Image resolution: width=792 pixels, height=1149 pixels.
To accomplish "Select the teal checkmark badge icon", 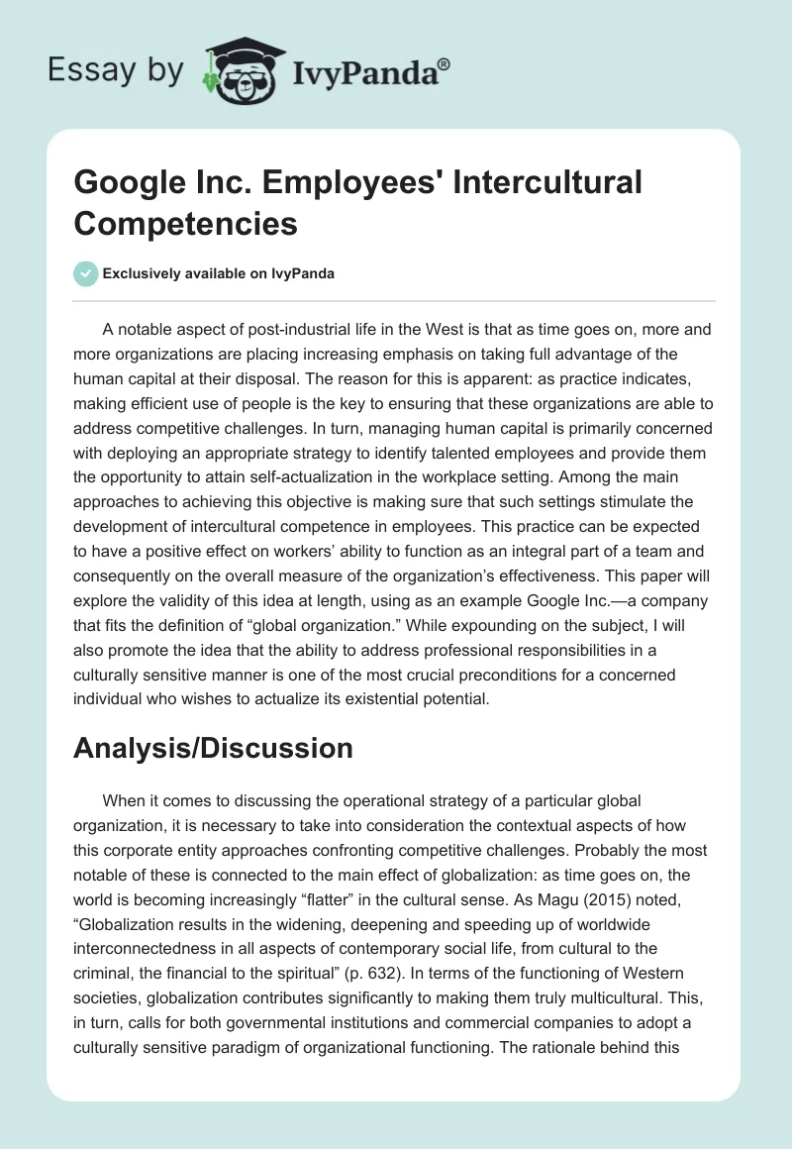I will coord(86,273).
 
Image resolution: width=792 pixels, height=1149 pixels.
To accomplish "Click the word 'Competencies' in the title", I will coord(185,223).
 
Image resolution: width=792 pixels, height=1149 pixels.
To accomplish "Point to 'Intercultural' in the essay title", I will coord(536,182).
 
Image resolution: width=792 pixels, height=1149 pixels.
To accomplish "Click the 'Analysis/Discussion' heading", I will coord(213,748).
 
